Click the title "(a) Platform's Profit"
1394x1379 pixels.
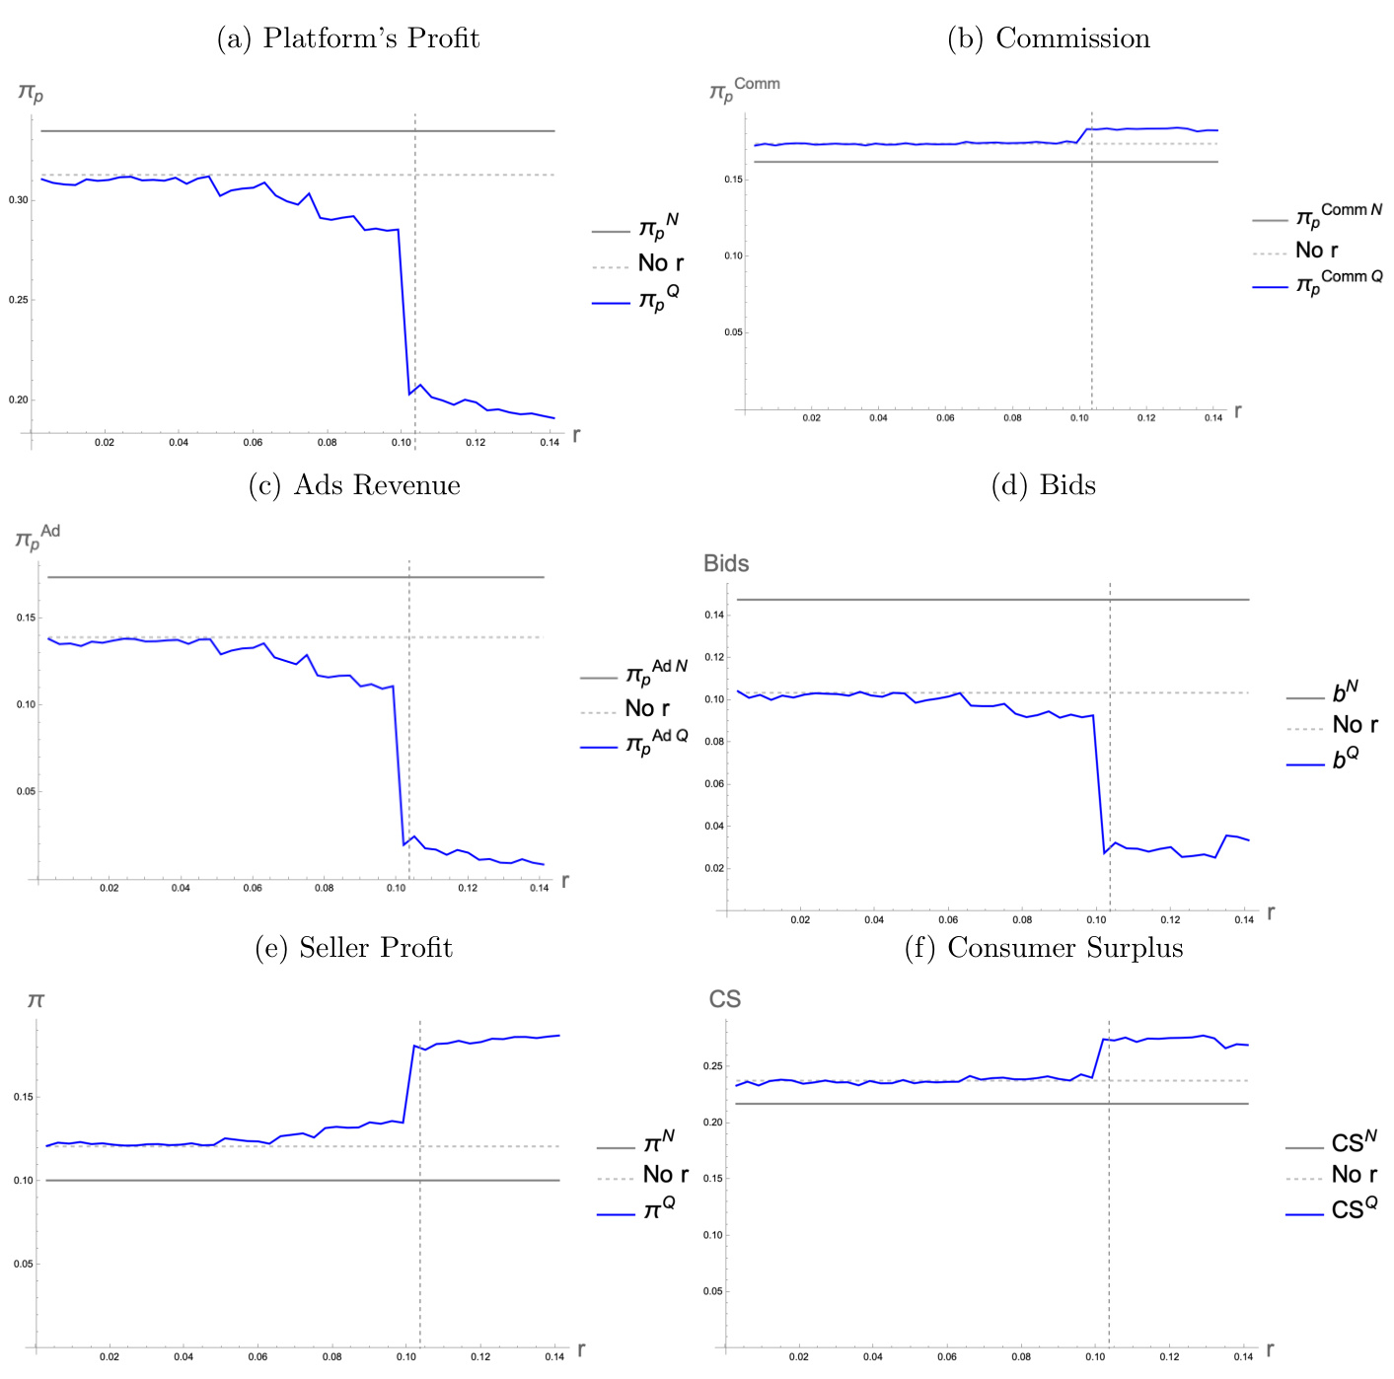(x=348, y=38)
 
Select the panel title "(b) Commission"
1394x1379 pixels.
(x=1049, y=38)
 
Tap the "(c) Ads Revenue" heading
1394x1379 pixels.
(x=354, y=485)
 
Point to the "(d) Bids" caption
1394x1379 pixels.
(x=1044, y=485)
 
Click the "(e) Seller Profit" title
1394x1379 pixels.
(x=353, y=948)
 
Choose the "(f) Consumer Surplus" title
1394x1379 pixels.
(x=1044, y=948)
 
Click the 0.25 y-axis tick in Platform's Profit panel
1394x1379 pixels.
(x=19, y=300)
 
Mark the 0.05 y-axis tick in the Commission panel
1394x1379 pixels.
(x=733, y=332)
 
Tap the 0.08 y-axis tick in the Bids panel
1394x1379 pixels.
(x=713, y=742)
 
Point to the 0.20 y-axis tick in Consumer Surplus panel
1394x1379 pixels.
(x=712, y=1123)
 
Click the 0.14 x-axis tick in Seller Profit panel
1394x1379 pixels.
(x=554, y=1357)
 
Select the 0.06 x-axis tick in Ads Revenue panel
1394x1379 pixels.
(x=253, y=889)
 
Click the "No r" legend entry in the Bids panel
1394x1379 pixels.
(x=1355, y=725)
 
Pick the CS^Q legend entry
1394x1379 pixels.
(x=1354, y=1209)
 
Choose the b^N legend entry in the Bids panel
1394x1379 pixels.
(x=1346, y=692)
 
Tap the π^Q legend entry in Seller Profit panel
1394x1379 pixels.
(x=659, y=1208)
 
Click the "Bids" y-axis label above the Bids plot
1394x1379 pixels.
(x=726, y=564)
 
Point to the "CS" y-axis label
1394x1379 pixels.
(x=725, y=1000)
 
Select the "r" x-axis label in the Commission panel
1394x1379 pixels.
(x=1237, y=410)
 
